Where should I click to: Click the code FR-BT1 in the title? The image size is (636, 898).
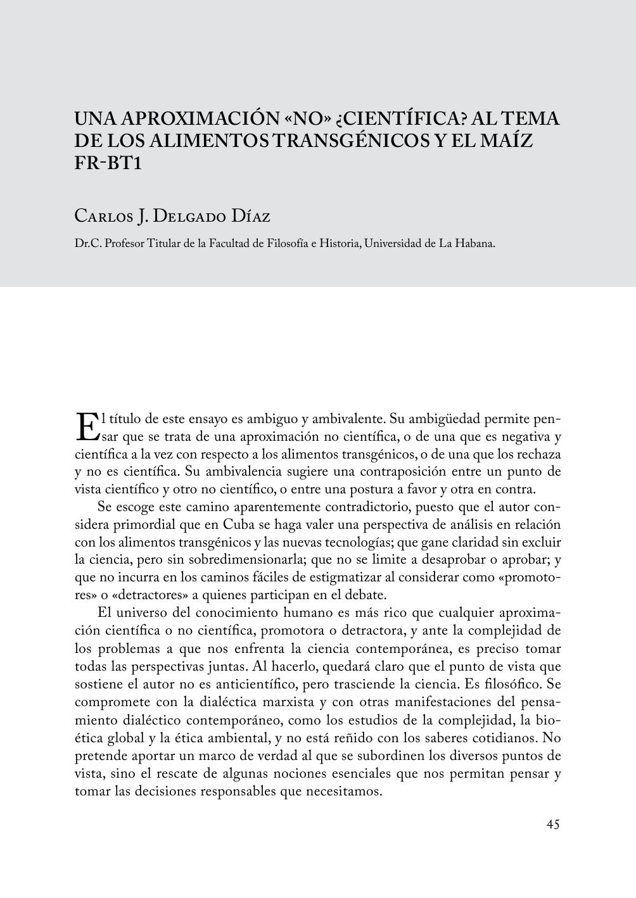click(106, 163)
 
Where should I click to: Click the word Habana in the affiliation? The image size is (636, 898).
click(475, 243)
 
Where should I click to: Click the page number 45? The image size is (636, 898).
click(552, 825)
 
